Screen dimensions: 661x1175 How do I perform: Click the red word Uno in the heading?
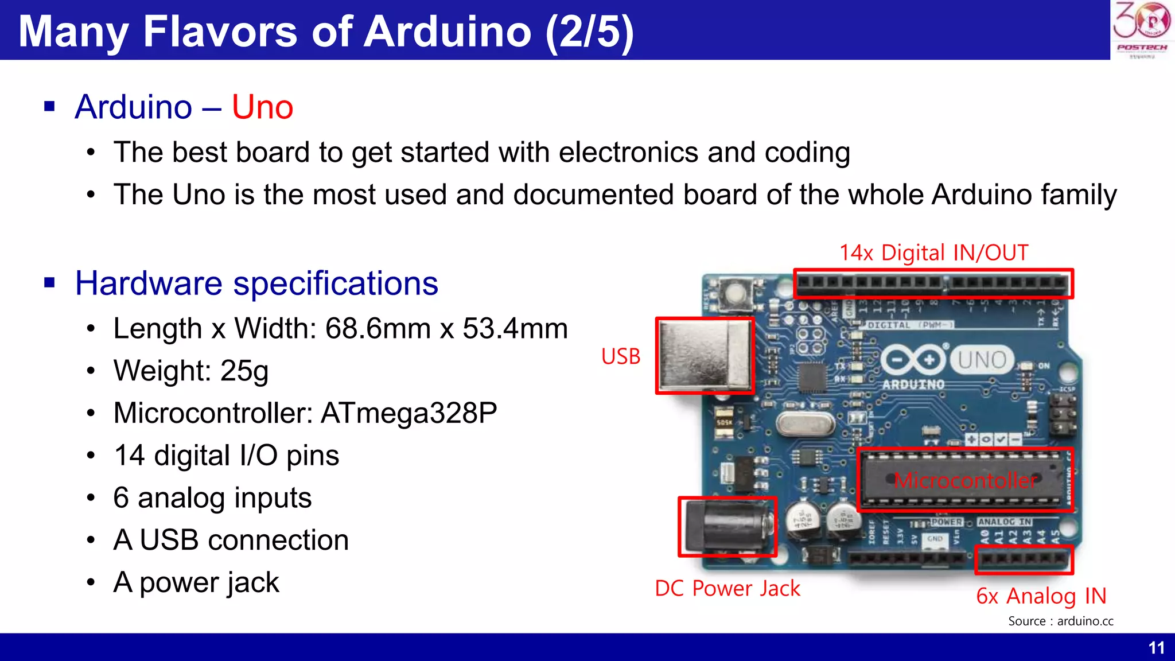pos(262,107)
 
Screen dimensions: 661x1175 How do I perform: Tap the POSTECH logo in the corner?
pos(1142,29)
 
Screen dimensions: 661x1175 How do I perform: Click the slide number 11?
pos(1156,648)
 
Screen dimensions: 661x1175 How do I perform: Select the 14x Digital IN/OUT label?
pos(933,253)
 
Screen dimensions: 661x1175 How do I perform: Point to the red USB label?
pos(620,356)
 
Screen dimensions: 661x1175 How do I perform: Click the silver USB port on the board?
pos(705,356)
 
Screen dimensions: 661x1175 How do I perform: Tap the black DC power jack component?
pos(727,526)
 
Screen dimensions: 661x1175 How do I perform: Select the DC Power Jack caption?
pos(727,589)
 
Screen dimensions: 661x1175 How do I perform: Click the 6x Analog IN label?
pos(1041,596)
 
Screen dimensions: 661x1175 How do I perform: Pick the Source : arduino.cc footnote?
pos(1060,621)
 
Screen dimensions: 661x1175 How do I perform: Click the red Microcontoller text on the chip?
pos(965,480)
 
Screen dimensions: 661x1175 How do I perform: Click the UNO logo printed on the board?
pos(982,360)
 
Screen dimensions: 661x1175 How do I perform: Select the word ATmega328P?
pos(408,413)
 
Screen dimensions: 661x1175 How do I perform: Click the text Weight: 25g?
pos(190,371)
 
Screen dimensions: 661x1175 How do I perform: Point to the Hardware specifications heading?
pos(256,283)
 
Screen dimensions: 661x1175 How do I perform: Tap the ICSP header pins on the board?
pos(1062,414)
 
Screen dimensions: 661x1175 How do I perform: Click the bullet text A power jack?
pos(196,582)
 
